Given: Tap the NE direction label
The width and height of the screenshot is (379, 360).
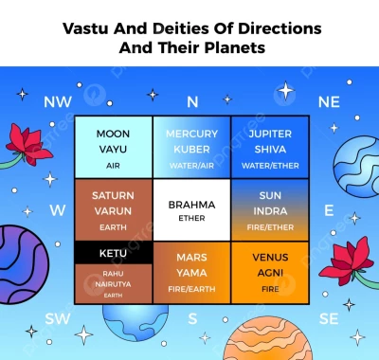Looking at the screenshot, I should [x=329, y=100].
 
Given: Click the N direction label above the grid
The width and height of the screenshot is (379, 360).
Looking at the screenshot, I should [x=191, y=100].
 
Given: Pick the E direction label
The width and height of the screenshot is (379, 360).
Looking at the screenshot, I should [x=329, y=209].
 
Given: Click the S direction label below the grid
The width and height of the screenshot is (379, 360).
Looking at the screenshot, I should [x=192, y=318].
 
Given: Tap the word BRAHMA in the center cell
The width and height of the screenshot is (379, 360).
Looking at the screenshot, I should [x=191, y=204].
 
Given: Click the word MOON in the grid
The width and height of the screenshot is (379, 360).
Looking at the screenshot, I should [x=113, y=134].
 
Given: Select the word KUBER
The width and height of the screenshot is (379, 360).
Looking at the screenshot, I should [x=191, y=149].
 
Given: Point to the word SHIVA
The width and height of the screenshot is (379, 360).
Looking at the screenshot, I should [x=269, y=149].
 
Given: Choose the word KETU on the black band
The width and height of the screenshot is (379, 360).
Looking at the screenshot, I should [x=113, y=254].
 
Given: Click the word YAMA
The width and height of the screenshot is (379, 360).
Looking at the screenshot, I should [x=191, y=272].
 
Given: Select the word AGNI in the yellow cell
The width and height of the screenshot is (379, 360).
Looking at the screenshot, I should [x=270, y=272].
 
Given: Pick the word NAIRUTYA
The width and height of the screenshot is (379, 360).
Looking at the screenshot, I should [x=113, y=283].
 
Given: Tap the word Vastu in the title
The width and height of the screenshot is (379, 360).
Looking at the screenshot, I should [x=87, y=27].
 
